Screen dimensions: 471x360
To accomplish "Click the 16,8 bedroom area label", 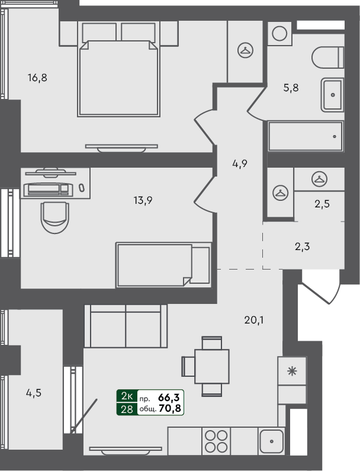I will (37, 77).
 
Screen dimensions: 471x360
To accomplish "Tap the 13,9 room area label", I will (143, 200).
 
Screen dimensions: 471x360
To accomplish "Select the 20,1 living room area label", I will (253, 321).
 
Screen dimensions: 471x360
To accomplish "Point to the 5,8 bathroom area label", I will (291, 88).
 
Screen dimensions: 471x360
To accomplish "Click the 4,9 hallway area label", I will (239, 164).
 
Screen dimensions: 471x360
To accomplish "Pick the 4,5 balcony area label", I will (34, 392).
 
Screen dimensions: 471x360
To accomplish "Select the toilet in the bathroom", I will (327, 57).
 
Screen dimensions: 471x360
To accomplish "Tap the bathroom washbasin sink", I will (332, 94).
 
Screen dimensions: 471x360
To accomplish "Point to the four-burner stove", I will (216, 441).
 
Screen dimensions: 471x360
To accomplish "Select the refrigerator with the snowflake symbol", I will (291, 372).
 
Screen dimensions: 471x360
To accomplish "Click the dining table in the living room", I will (212, 366).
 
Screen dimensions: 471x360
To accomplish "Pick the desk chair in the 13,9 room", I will (55, 216).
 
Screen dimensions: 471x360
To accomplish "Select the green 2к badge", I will (127, 396).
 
